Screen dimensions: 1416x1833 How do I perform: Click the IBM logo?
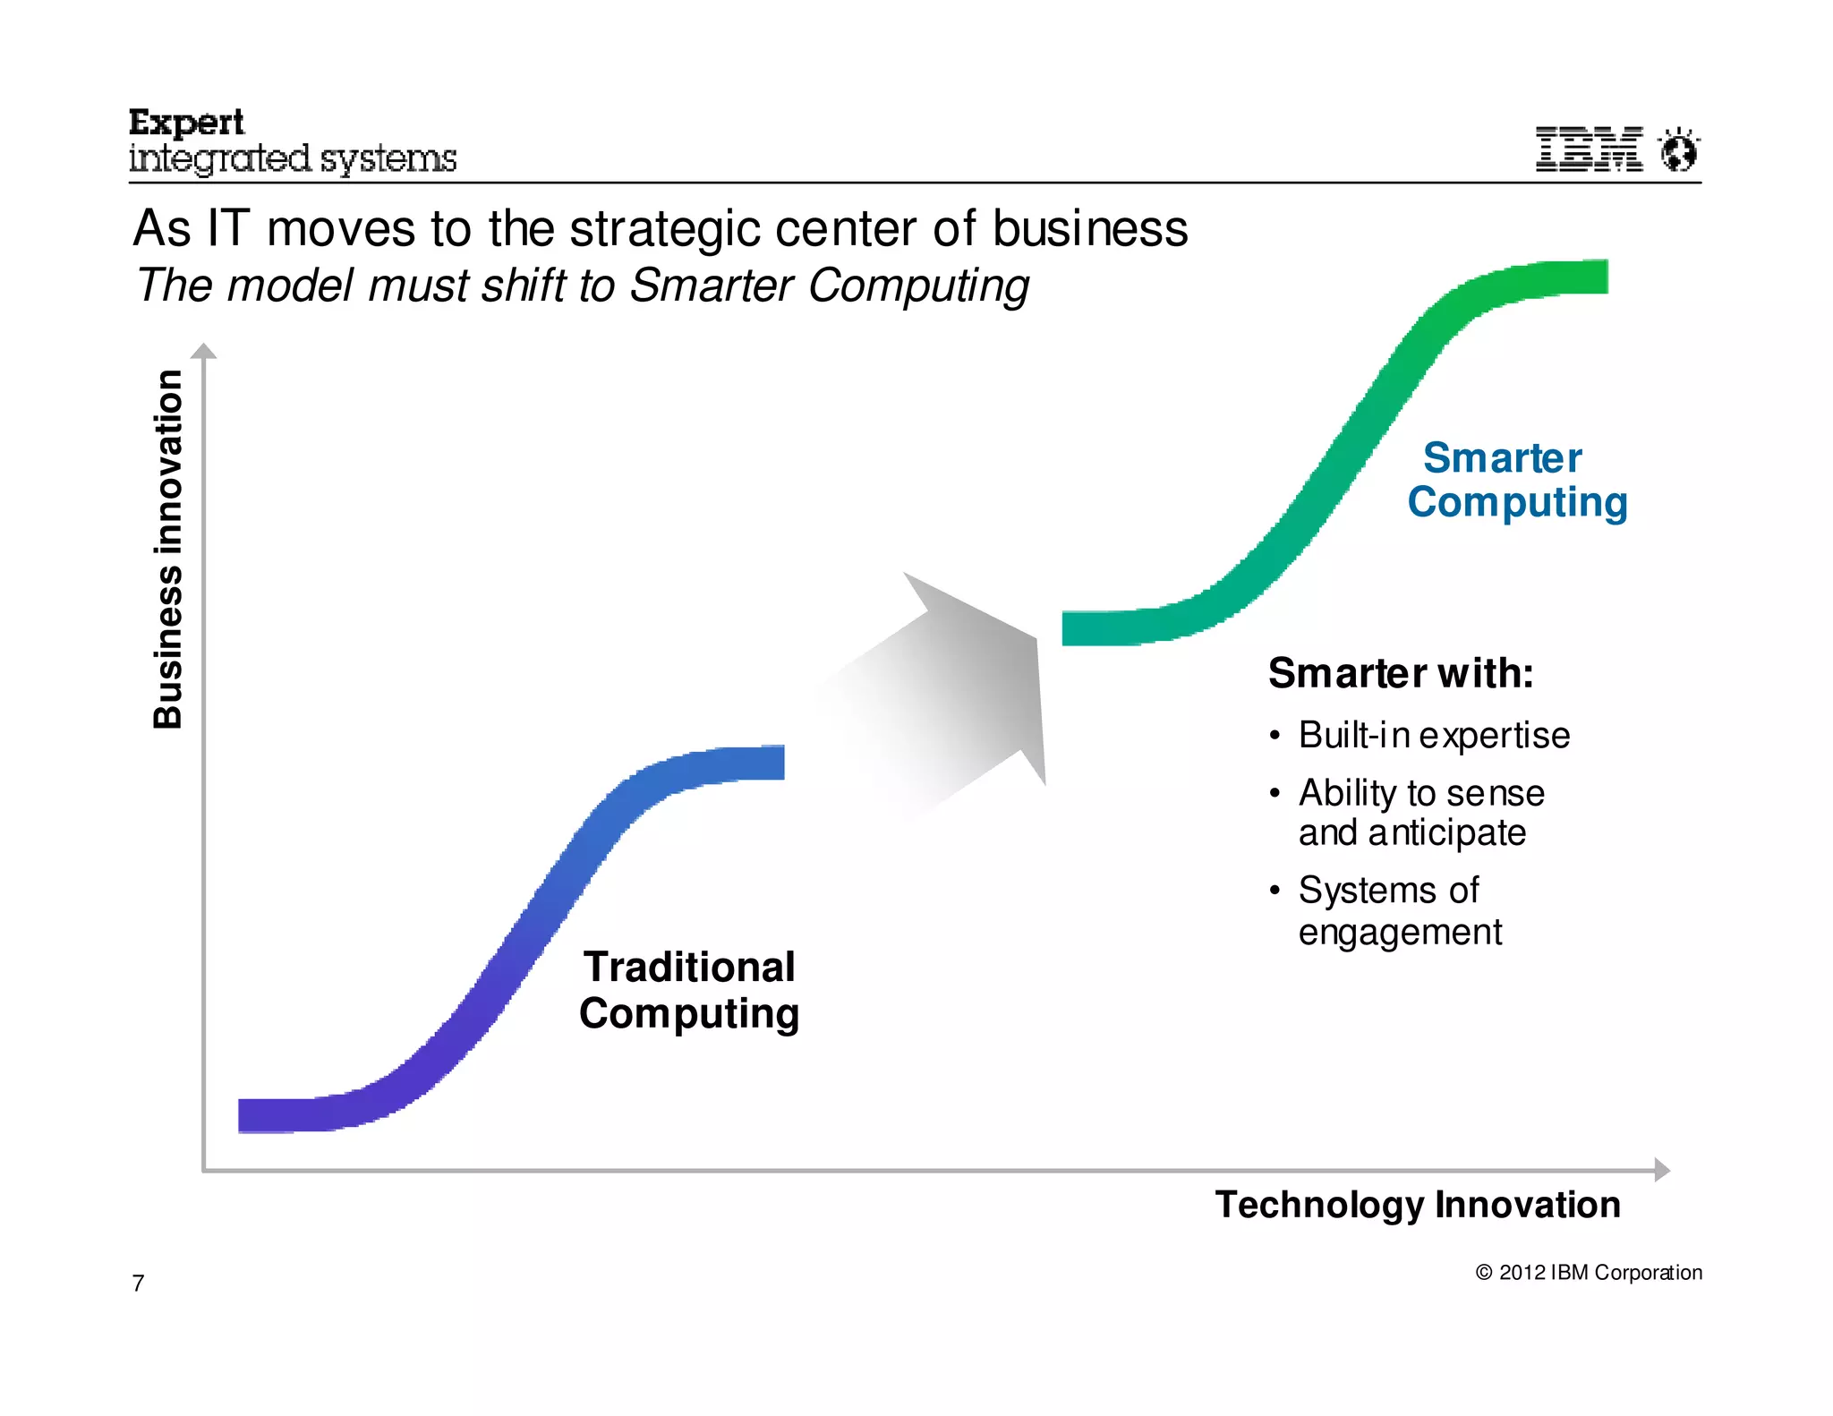tap(1589, 149)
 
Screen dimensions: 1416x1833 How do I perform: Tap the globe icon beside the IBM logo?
tap(1678, 149)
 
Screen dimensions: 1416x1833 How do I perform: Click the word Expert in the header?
tap(186, 123)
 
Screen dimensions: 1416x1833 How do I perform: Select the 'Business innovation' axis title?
tap(168, 548)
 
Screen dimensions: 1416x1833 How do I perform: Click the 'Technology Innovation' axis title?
tap(1417, 1204)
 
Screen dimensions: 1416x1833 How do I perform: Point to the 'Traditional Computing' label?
tap(688, 990)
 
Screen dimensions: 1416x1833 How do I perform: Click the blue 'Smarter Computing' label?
tap(1516, 480)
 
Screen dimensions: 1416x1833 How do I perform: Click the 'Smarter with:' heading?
tap(1400, 673)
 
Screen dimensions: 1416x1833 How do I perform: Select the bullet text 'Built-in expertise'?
tap(1433, 735)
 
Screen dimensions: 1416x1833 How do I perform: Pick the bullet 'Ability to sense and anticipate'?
tap(1420, 813)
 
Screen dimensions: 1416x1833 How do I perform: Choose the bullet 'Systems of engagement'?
tap(1399, 910)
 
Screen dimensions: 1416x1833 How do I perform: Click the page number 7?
tap(138, 1284)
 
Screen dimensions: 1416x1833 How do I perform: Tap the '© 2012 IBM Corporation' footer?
tap(1588, 1272)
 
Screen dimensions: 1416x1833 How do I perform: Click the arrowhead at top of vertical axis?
tap(204, 351)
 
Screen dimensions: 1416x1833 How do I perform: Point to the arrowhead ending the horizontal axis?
tap(1661, 1169)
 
